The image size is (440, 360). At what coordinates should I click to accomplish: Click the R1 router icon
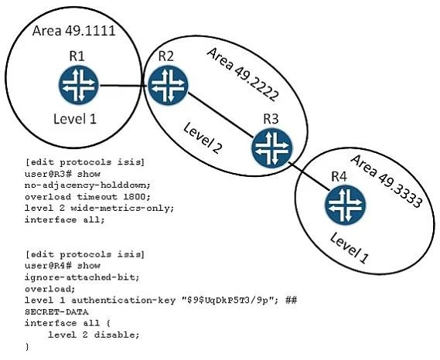79,84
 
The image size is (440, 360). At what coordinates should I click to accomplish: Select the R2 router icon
168,85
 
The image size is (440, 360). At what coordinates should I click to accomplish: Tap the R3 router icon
272,148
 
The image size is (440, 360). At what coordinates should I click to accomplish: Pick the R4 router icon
346,205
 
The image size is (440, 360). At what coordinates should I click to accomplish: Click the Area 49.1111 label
73,31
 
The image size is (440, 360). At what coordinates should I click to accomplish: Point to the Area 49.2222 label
243,75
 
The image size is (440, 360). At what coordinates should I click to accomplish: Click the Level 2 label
203,138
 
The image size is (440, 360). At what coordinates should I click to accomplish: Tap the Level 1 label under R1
75,119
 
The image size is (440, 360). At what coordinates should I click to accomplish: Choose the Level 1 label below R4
349,249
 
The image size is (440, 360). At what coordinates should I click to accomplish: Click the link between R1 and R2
123,85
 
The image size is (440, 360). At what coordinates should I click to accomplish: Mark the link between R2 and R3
220,115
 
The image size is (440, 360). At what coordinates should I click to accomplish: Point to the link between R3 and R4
309,176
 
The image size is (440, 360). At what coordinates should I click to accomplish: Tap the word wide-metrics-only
122,209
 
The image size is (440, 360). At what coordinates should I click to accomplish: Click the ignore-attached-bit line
82,277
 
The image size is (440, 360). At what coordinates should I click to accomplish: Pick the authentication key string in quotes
228,301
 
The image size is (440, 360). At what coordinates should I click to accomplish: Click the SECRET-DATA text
56,312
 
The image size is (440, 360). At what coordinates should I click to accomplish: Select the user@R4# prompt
49,266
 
